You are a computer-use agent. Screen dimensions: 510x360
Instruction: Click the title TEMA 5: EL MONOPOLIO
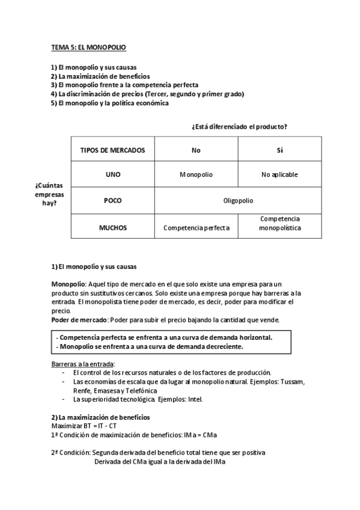(88, 46)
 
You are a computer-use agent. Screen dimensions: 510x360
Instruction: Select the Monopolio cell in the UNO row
(196, 175)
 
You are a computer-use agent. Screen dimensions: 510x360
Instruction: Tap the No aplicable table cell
(279, 175)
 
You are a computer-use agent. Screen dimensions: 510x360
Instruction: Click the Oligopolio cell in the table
(238, 201)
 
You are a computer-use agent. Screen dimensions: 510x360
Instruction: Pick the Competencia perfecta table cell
(196, 228)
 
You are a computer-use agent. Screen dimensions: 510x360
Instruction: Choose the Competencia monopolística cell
(279, 224)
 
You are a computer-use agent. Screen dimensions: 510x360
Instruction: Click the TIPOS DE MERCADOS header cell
(112, 150)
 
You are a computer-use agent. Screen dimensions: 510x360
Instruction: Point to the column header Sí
(279, 150)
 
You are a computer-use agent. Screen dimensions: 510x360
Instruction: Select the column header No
(196, 150)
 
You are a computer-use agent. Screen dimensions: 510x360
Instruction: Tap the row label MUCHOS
(112, 228)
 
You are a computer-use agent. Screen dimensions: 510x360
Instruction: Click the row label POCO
(112, 201)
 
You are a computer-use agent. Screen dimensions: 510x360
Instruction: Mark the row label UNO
(112, 175)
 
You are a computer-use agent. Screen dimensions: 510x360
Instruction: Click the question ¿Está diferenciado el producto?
(239, 126)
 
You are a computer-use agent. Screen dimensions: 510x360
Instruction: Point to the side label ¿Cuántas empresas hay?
(49, 194)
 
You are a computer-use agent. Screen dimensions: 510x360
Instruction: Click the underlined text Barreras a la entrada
(83, 364)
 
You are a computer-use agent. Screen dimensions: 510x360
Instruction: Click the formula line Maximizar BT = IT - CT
(84, 426)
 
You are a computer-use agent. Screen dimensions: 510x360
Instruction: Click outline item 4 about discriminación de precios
(147, 94)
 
